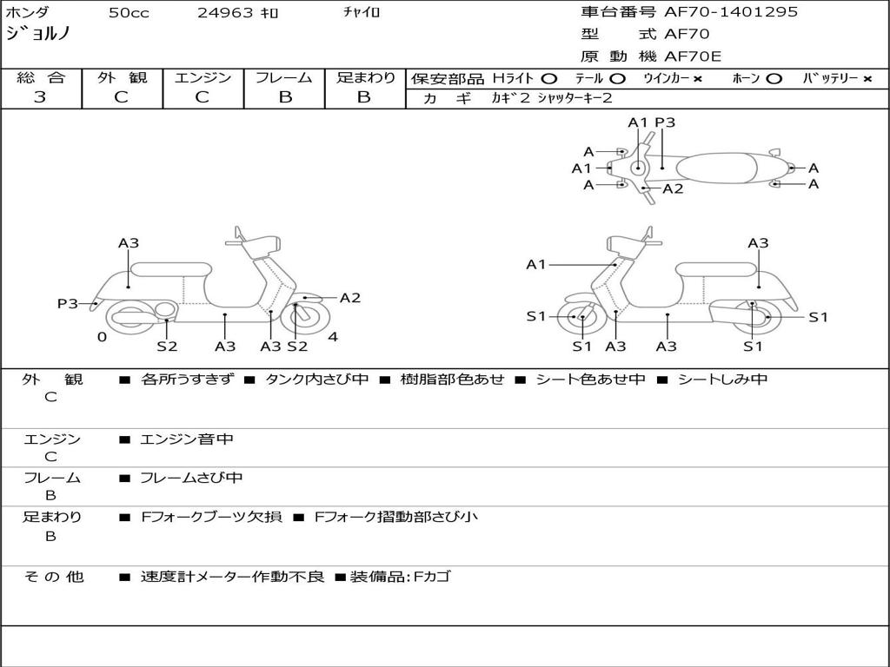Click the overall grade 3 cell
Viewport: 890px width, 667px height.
[40, 97]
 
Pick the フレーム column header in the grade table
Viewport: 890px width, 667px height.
[284, 78]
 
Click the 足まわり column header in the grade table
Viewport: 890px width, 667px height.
[365, 78]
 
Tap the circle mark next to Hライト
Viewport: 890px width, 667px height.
[548, 79]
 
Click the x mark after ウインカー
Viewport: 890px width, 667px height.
[698, 79]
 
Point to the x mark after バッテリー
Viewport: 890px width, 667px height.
[867, 79]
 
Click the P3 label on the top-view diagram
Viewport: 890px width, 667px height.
[665, 122]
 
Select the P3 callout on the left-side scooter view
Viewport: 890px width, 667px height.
[67, 303]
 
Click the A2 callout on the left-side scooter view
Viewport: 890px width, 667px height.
[350, 298]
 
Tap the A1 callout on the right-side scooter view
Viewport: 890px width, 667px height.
[535, 264]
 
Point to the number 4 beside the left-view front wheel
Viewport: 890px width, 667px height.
[333, 337]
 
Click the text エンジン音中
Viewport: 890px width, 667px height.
[187, 439]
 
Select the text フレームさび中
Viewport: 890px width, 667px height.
[191, 478]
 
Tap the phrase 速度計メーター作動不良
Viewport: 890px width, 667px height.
[232, 577]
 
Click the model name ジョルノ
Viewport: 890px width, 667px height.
[38, 34]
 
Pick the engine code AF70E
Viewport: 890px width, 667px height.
[693, 56]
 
